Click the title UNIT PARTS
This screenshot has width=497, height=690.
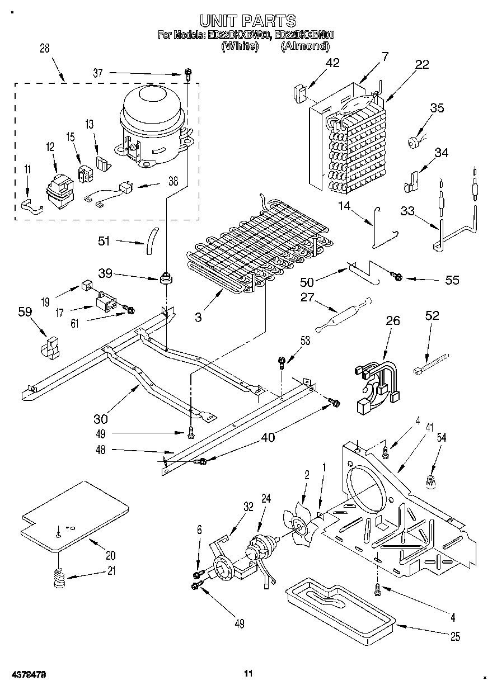pos(247,21)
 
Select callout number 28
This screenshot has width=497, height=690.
pos(44,48)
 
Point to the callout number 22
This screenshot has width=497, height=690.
pos(422,64)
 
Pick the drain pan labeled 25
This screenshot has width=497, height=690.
pos(339,607)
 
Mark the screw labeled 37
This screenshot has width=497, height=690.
pos(189,73)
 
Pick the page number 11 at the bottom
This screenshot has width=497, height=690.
pos(248,673)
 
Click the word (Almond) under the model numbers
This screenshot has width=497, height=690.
pos(305,46)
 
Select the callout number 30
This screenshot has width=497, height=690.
pos(101,418)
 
